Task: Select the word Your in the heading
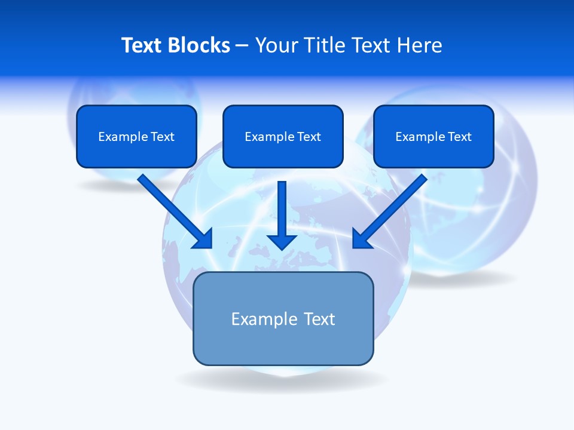[x=277, y=45]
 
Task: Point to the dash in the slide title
[x=243, y=46]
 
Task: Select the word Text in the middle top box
[x=309, y=137]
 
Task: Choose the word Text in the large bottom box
[x=319, y=320]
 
